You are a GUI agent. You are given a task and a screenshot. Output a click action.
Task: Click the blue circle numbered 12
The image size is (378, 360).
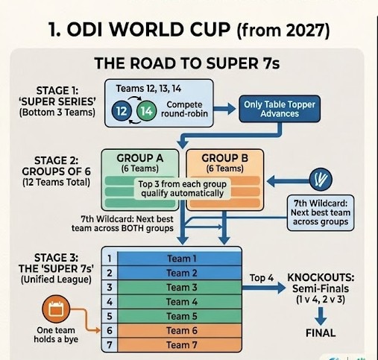pyautogui.click(x=122, y=111)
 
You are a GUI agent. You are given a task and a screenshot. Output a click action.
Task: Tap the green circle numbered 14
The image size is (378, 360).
pyautogui.click(x=147, y=111)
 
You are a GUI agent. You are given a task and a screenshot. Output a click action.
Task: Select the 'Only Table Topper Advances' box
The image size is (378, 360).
pyautogui.click(x=280, y=109)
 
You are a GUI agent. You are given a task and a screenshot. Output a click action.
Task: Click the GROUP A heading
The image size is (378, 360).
pyautogui.click(x=140, y=158)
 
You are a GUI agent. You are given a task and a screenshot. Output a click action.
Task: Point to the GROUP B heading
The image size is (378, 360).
pyautogui.click(x=224, y=158)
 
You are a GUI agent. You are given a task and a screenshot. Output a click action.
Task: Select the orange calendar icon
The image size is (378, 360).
pyautogui.click(x=56, y=309)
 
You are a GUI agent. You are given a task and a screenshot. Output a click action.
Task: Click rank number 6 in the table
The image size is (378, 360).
pyautogui.click(x=110, y=331)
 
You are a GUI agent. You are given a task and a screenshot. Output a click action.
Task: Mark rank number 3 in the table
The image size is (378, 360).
pyautogui.click(x=110, y=288)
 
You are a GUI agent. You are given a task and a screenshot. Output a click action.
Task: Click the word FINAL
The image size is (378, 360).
pyautogui.click(x=321, y=333)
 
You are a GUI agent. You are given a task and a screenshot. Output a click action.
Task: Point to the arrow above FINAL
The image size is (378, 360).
pyautogui.click(x=321, y=316)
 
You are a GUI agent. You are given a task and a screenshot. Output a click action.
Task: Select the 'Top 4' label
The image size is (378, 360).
pyautogui.click(x=262, y=278)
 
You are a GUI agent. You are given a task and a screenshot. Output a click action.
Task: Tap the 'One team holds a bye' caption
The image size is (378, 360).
pyautogui.click(x=56, y=335)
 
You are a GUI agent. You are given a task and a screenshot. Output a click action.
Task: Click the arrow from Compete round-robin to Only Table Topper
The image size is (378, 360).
pyautogui.click(x=224, y=109)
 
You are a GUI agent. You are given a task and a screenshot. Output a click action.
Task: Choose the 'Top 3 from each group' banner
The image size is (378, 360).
pyautogui.click(x=183, y=189)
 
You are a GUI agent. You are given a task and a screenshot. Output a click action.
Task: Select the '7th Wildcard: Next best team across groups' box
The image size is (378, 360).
pyautogui.click(x=321, y=213)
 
